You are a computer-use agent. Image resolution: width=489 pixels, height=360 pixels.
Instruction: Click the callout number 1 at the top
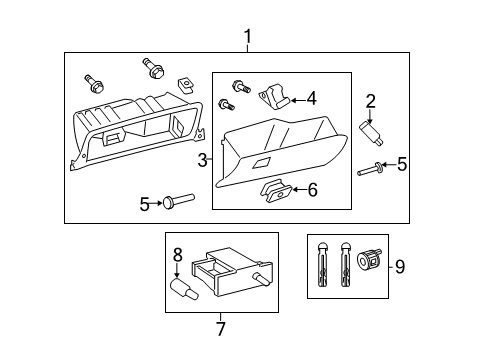point(247,38)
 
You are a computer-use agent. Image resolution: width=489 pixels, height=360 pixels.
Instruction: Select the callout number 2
point(370,100)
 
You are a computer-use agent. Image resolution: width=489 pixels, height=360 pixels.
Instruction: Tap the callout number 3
point(202,159)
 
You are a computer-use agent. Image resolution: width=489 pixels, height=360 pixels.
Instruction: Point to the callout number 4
point(311,98)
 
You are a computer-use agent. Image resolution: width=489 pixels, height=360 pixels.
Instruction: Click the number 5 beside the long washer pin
point(401,164)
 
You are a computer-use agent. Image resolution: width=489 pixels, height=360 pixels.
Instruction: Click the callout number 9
point(400,266)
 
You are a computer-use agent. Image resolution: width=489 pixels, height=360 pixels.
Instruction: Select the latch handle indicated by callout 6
point(275,189)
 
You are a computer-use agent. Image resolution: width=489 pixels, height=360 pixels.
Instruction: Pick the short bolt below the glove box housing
point(176,204)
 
